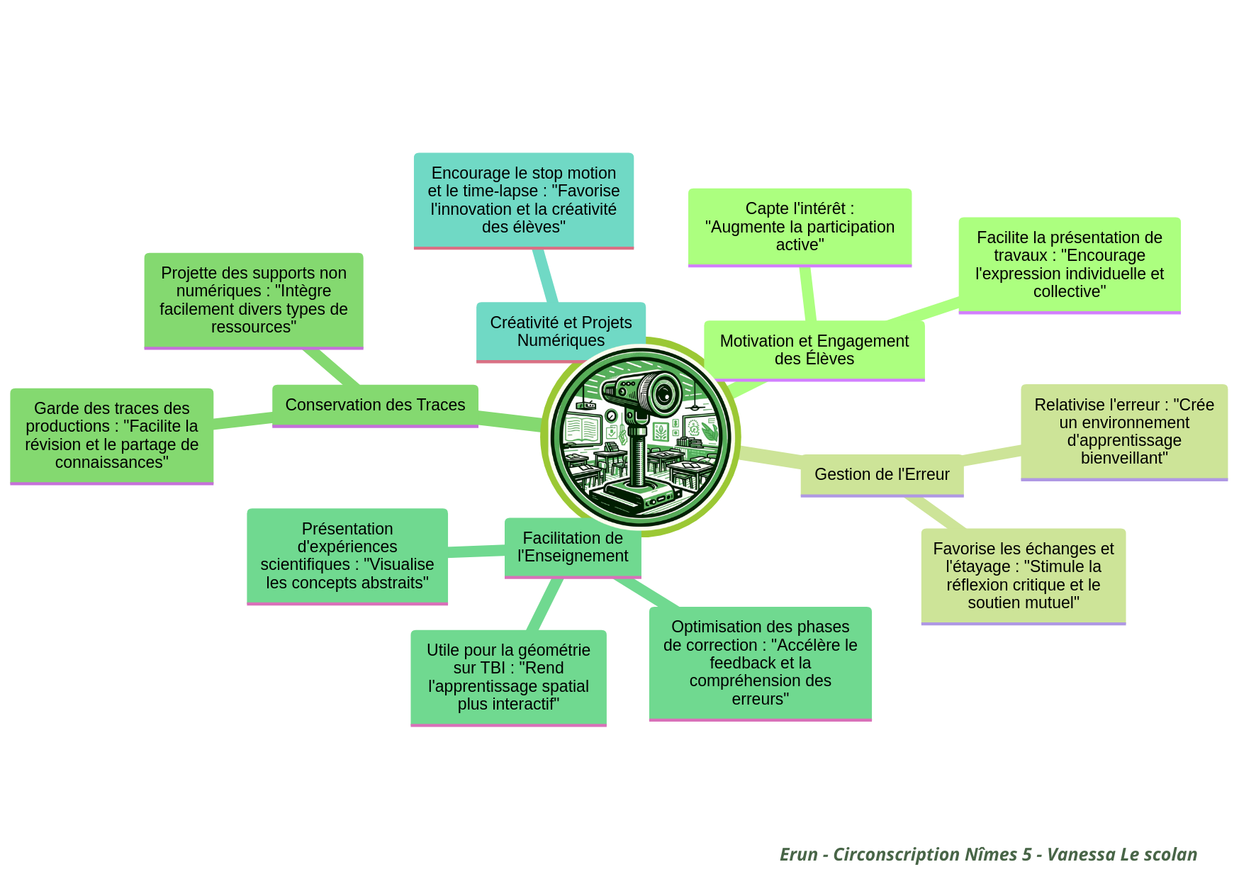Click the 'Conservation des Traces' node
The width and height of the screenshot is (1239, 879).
point(375,405)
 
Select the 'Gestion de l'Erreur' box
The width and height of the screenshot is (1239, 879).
point(882,474)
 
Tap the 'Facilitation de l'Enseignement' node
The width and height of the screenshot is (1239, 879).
point(573,547)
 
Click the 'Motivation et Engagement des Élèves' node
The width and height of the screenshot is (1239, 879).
point(814,349)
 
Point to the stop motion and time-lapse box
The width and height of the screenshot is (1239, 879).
point(523,200)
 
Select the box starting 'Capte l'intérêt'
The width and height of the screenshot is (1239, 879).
point(800,226)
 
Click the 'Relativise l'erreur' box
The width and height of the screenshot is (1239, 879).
point(1123,431)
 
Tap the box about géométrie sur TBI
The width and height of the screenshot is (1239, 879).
point(508,676)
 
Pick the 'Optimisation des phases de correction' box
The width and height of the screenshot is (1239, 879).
point(760,662)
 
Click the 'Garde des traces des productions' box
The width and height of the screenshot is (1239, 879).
point(111,435)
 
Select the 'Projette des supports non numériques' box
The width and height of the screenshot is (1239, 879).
point(253,300)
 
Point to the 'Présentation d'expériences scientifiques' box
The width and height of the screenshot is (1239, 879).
point(347,556)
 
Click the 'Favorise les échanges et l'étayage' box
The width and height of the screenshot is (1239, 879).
point(1023,575)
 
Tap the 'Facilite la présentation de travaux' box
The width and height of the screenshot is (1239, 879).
point(1069,264)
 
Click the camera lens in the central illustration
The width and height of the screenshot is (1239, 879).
point(664,393)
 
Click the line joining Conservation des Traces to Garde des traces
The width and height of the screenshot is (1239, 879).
point(242,420)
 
